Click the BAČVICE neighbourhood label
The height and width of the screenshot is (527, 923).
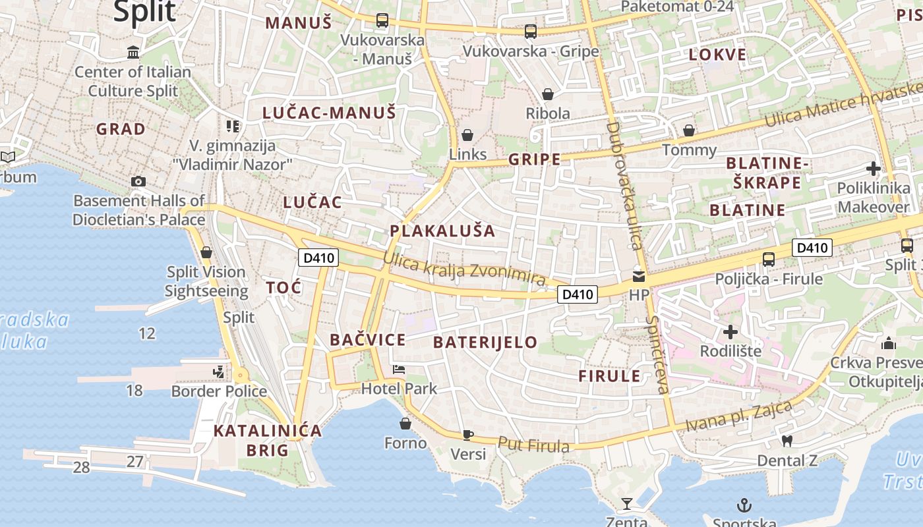tap(367, 340)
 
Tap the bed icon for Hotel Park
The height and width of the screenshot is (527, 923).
tap(399, 369)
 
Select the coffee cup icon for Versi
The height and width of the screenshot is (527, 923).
tap(467, 434)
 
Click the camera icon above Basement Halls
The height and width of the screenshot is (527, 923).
tap(138, 181)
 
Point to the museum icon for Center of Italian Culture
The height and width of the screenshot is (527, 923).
tap(134, 52)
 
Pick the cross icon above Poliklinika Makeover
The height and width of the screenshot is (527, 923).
tap(874, 169)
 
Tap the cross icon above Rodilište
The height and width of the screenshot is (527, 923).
tap(730, 331)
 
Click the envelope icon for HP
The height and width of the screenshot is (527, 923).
tap(639, 276)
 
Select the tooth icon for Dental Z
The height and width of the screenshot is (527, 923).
tap(787, 441)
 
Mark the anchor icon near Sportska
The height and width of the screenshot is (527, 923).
tap(744, 505)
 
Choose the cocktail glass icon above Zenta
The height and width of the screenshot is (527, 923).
tap(627, 504)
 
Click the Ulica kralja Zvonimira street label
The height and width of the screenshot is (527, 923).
tap(464, 270)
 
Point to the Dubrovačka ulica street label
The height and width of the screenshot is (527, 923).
tap(624, 185)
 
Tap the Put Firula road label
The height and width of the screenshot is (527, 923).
tap(533, 445)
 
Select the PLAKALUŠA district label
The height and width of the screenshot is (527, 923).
tap(442, 231)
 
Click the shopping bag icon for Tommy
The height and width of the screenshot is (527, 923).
tap(689, 130)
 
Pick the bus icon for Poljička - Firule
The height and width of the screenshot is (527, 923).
tap(769, 259)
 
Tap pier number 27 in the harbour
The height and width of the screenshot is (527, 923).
tap(134, 461)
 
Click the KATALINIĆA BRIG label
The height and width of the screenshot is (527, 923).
tap(268, 441)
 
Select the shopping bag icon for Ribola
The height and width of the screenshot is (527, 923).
tap(547, 94)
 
